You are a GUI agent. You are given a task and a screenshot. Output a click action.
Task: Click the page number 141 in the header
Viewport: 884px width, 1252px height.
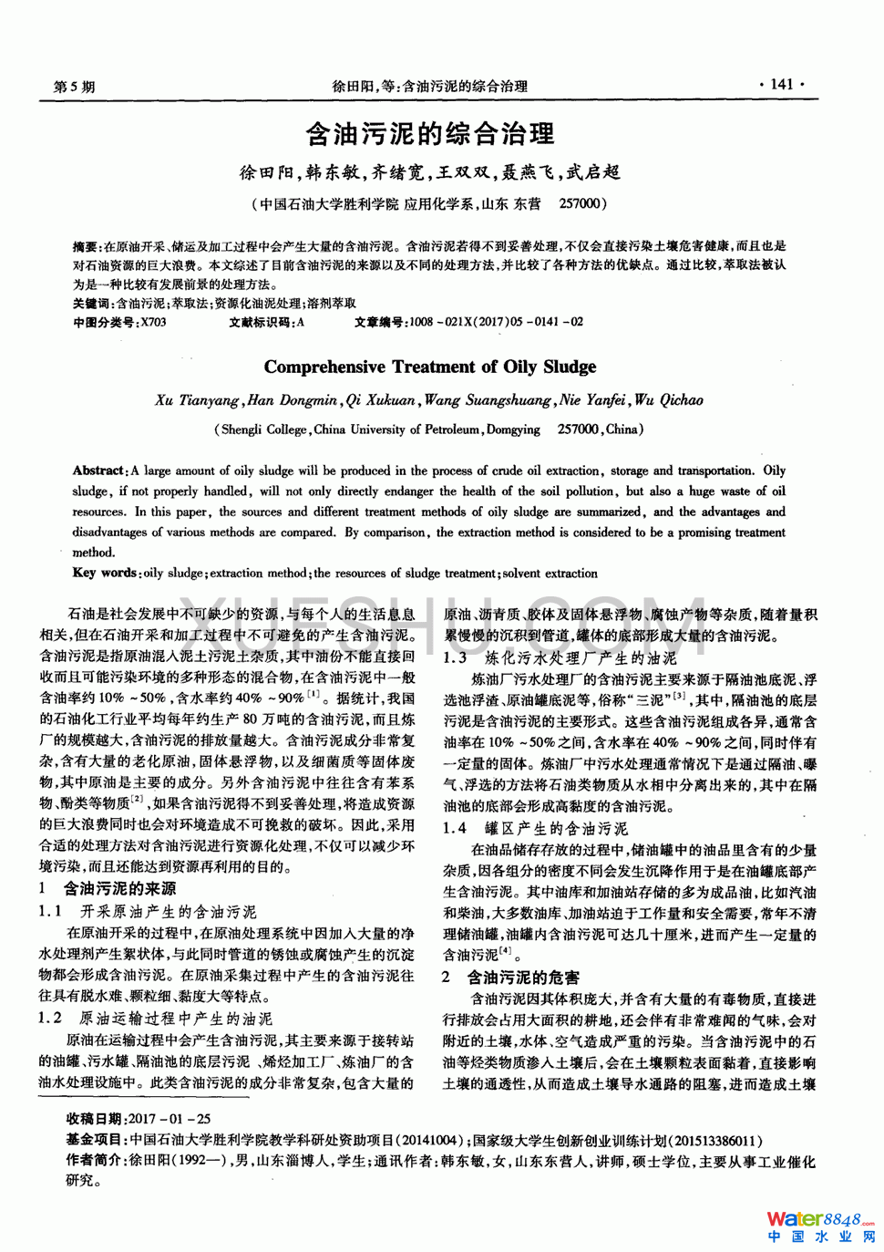click(x=781, y=84)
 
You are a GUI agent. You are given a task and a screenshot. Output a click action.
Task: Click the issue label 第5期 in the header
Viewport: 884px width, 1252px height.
click(x=74, y=87)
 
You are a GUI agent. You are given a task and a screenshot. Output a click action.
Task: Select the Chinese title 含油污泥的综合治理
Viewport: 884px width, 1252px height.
click(x=429, y=135)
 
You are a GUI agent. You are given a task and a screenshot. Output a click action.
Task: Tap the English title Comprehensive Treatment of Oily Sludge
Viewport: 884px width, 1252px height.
click(x=430, y=367)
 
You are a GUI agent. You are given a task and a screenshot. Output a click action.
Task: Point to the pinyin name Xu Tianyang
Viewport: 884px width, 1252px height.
click(x=197, y=400)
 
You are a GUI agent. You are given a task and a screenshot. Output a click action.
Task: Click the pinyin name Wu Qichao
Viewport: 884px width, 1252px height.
click(x=669, y=400)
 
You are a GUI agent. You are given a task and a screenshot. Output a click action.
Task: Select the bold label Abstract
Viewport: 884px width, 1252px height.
click(x=98, y=471)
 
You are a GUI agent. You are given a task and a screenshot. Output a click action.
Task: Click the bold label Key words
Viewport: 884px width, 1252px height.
click(x=104, y=573)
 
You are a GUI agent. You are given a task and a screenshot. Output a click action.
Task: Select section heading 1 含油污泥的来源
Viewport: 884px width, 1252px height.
click(x=108, y=888)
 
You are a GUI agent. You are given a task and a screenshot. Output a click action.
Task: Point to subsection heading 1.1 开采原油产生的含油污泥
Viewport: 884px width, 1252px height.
click(x=148, y=911)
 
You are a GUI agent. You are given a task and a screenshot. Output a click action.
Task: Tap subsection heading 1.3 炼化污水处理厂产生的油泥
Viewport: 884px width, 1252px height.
click(x=560, y=657)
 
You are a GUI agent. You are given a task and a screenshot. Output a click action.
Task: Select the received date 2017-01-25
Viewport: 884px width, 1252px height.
click(x=170, y=1119)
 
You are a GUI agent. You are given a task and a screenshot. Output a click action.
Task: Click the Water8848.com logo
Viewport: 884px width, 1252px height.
click(x=818, y=1220)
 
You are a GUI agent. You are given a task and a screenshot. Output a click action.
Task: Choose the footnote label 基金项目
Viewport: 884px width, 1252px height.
click(x=95, y=1140)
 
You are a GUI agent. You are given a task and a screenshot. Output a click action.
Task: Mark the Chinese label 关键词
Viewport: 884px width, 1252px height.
click(x=92, y=303)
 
